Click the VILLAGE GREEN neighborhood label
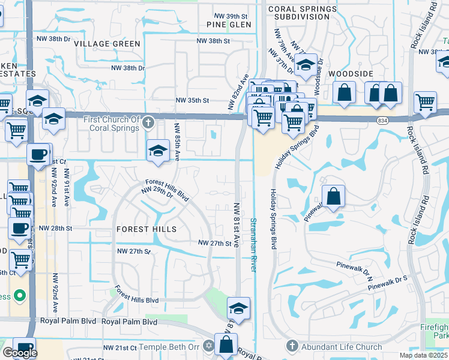coord(107,44)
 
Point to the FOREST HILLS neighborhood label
coord(146,229)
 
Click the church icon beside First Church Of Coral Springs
coord(148,124)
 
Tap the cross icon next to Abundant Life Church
coord(292,346)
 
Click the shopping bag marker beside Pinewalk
coord(333,196)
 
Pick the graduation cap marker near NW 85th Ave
coord(158,149)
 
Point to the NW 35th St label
coord(192,101)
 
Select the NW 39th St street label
coord(231,16)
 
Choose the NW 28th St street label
coord(55,229)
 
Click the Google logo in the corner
coord(20,353)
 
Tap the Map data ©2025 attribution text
coord(423,355)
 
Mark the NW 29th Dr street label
coord(157,193)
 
